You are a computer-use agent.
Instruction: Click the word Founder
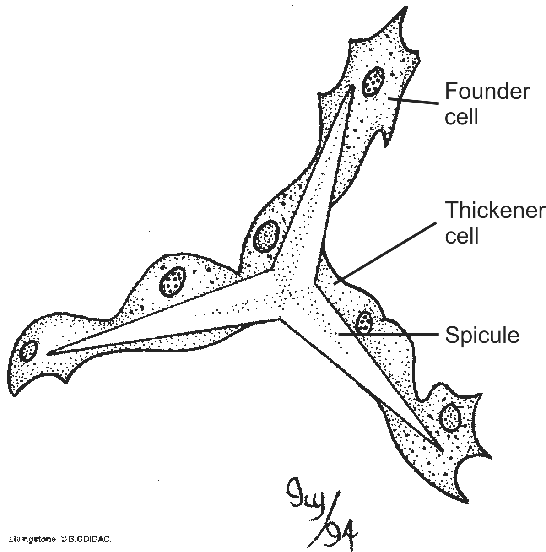pos(487,92)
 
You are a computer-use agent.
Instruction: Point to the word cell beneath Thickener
pos(462,236)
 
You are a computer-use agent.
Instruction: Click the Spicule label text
pos(482,335)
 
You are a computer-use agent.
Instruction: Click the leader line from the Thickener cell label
pos(384,252)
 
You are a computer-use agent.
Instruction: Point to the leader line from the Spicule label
pos(389,335)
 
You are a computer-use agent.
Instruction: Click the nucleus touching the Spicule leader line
pos(364,323)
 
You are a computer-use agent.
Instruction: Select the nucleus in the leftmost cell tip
pos(28,351)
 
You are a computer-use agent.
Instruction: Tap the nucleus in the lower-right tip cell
pos(450,417)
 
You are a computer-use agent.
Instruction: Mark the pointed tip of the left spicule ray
pos(49,352)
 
